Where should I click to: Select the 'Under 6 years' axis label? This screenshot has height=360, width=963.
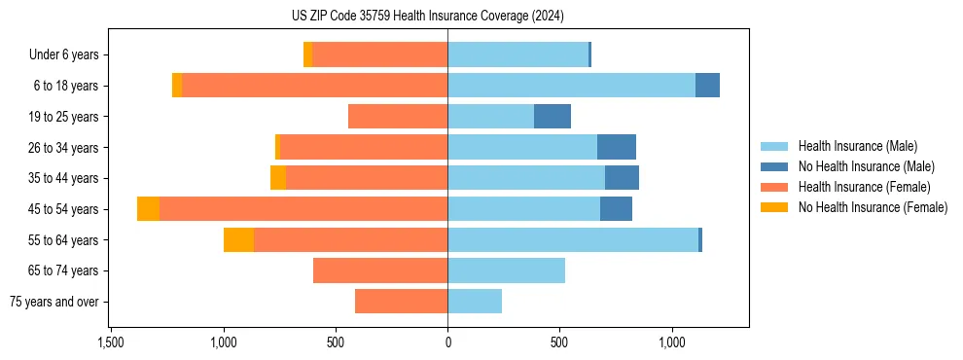click(x=63, y=55)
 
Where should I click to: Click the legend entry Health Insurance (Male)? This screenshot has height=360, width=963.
click(x=857, y=146)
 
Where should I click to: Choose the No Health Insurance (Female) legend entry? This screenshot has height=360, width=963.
click(x=873, y=207)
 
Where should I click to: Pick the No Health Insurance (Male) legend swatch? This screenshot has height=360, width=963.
click(x=774, y=166)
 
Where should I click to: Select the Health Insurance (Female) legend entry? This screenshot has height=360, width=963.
click(x=865, y=187)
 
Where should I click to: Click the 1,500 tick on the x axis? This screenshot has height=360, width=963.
click(x=111, y=343)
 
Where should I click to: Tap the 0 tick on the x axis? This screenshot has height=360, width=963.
click(x=447, y=343)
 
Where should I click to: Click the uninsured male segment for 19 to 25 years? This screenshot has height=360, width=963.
click(x=553, y=117)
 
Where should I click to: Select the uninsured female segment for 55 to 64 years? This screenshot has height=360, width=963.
click(x=238, y=240)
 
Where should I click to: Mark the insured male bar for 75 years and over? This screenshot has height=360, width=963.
click(x=475, y=302)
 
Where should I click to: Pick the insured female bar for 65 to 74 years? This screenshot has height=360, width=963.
click(x=380, y=270)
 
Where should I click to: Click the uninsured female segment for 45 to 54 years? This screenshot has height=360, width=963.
click(x=148, y=209)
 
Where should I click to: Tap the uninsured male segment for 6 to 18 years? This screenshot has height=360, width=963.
click(x=707, y=86)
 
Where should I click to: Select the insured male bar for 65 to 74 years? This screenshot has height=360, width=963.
click(x=506, y=270)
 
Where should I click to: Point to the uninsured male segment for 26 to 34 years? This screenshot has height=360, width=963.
click(x=617, y=147)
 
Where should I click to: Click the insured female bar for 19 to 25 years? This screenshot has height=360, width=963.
click(x=398, y=117)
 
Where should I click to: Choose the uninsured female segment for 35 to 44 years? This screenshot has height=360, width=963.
click(x=278, y=178)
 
